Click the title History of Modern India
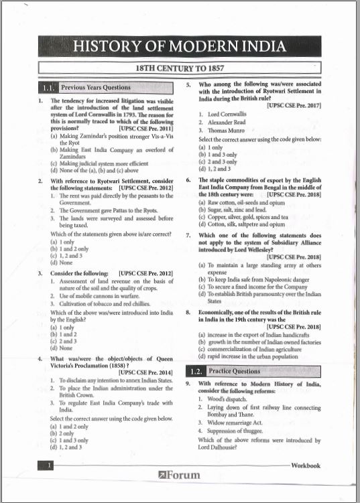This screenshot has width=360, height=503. [180, 47]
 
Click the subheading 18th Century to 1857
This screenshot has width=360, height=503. [180, 68]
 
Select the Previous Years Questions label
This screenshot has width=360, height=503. [95, 88]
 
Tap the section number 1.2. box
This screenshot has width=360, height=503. [196, 371]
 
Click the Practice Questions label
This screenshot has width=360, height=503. [234, 371]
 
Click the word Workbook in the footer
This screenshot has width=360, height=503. [305, 465]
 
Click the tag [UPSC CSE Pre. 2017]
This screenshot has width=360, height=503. [294, 106]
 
